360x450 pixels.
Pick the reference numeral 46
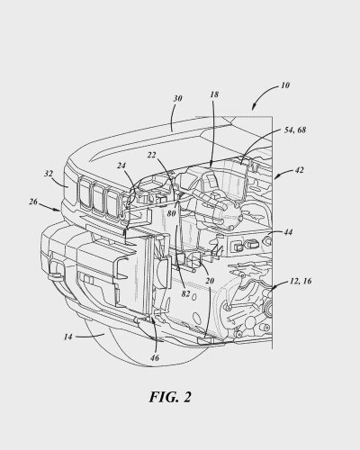(x=154, y=358)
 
